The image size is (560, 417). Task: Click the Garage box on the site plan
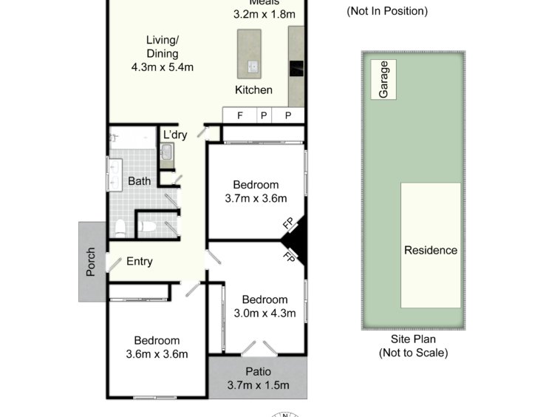click(383, 79)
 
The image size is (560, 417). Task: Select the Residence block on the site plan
click(431, 245)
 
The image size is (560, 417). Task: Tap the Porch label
click(91, 262)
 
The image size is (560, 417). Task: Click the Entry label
click(140, 261)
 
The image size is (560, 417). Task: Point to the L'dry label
click(175, 135)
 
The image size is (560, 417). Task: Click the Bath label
click(140, 181)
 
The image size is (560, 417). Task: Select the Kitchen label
click(253, 89)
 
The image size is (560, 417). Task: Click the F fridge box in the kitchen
click(240, 115)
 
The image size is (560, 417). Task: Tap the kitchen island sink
click(253, 67)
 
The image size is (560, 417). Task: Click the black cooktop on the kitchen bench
click(296, 69)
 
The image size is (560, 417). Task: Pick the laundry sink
click(166, 152)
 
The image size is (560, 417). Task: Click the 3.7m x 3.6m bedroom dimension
click(256, 198)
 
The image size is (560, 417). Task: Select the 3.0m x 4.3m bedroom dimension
click(264, 313)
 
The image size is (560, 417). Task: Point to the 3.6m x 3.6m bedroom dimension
click(157, 354)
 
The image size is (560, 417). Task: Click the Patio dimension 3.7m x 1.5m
click(259, 385)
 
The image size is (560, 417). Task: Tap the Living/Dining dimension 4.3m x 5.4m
click(163, 67)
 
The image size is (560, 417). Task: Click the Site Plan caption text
click(413, 339)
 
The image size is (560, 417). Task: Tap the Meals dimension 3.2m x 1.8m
click(264, 14)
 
